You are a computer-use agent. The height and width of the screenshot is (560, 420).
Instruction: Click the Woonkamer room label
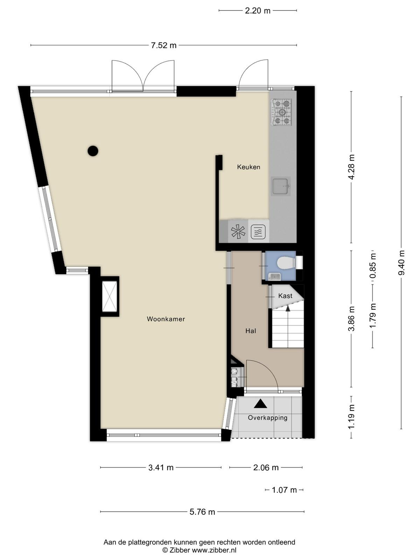[166, 319]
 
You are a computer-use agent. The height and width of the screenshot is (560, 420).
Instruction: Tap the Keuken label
[248, 167]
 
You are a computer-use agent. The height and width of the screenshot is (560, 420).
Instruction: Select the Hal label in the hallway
[251, 331]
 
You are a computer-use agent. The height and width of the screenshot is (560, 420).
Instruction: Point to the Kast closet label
[285, 296]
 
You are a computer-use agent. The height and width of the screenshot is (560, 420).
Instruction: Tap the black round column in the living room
[93, 151]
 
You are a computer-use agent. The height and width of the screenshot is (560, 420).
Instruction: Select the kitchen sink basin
[281, 186]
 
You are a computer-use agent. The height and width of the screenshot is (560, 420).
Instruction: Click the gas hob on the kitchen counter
[281, 112]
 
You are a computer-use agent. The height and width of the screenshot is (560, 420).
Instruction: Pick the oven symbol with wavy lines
[260, 232]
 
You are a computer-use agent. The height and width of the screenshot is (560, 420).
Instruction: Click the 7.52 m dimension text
[164, 45]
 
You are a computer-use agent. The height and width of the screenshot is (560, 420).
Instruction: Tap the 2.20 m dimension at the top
[258, 11]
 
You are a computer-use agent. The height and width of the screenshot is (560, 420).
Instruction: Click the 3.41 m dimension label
[161, 468]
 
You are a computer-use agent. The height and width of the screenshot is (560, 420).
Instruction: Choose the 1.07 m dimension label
[284, 490]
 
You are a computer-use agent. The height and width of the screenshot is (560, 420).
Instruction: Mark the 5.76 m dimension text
[202, 512]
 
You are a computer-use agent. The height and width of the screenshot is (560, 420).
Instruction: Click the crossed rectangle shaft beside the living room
[110, 296]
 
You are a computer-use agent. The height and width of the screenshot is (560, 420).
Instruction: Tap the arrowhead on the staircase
[288, 308]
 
